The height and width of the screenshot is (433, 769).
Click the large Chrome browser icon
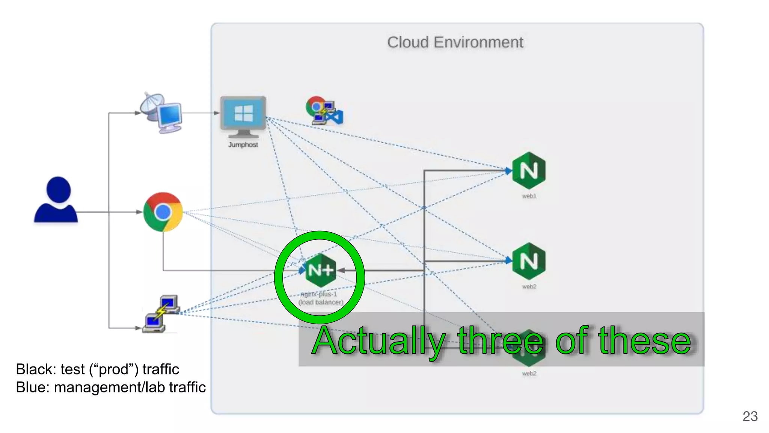click(x=163, y=212)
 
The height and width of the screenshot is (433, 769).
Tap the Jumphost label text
click(x=243, y=145)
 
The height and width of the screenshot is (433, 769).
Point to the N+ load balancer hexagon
click(x=320, y=270)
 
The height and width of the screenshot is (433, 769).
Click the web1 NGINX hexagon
click(x=529, y=170)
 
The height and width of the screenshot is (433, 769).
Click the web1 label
click(x=529, y=196)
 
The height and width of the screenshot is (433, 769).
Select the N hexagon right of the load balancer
click(x=529, y=261)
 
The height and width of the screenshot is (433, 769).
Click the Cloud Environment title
click(x=455, y=42)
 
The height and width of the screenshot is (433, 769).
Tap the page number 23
click(x=750, y=416)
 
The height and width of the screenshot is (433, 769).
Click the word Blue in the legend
click(x=32, y=388)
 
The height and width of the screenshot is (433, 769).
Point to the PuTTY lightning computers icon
click(x=161, y=314)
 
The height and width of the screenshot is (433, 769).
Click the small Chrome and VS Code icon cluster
click(x=324, y=111)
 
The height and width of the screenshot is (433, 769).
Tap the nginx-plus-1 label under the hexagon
click(x=319, y=294)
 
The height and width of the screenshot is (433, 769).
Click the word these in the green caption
click(x=644, y=341)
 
